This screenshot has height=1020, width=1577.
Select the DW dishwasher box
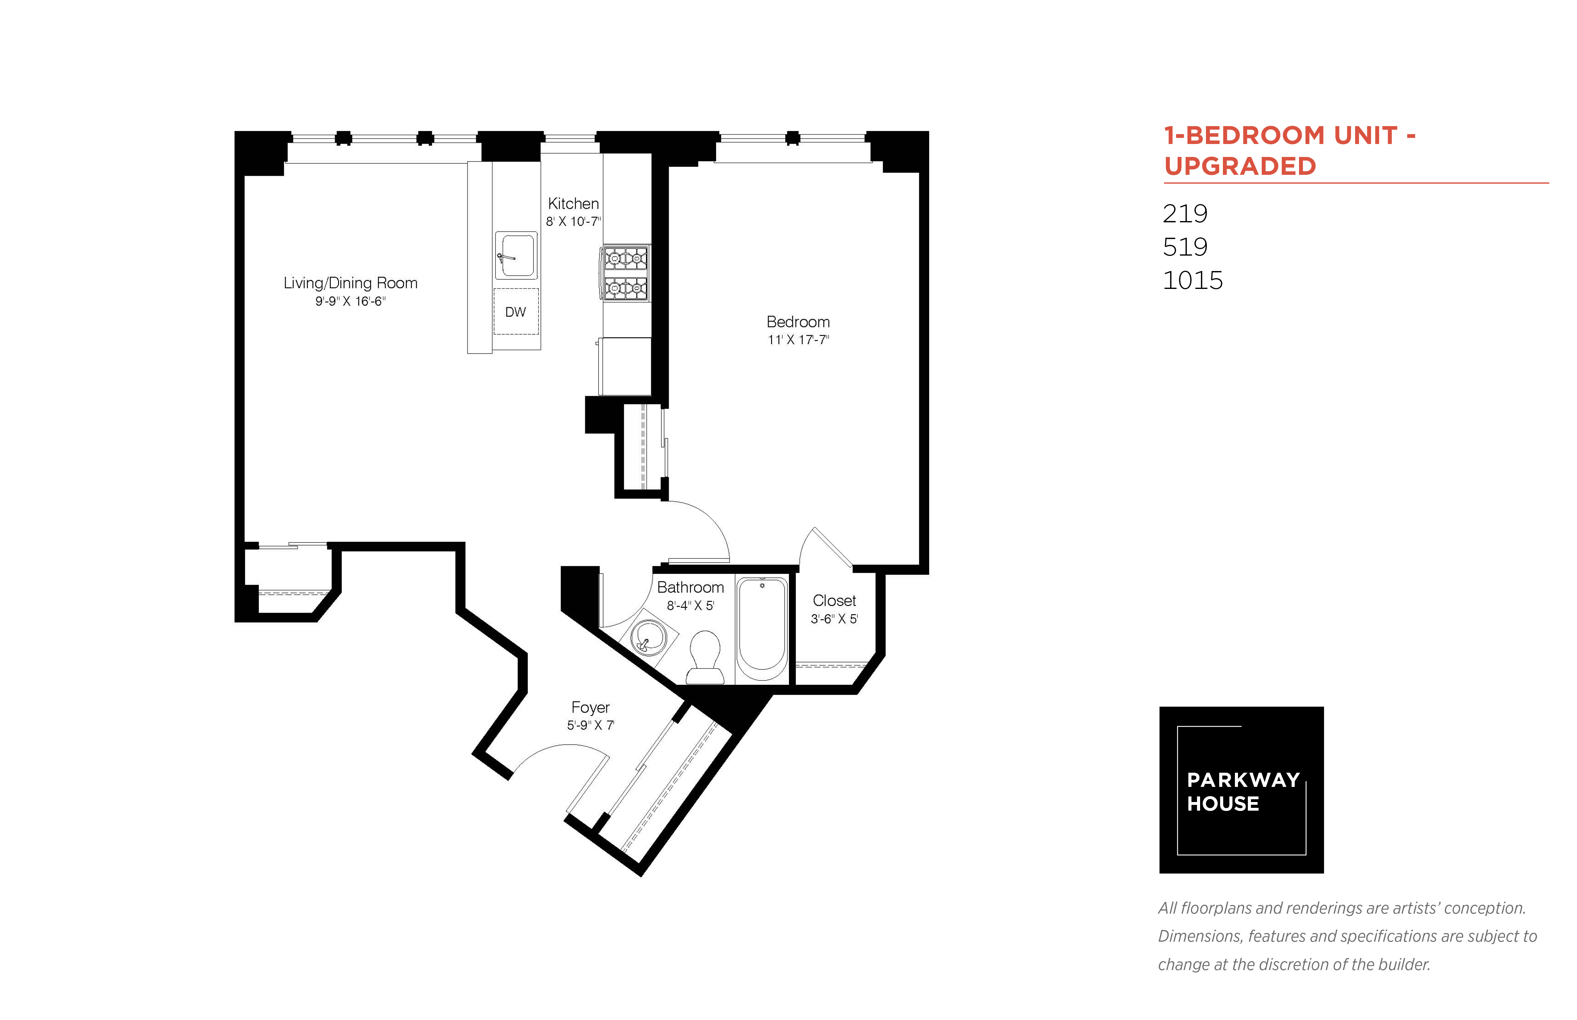tap(516, 311)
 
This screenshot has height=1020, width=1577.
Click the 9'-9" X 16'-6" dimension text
tap(350, 301)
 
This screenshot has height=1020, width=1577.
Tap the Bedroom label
tap(798, 322)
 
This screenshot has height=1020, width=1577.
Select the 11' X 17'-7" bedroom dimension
tap(798, 340)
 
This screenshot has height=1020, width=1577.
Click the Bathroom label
tap(691, 587)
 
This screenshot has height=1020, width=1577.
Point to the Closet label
tap(834, 601)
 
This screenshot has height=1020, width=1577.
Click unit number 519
tap(1185, 247)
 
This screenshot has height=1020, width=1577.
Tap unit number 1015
tap(1192, 280)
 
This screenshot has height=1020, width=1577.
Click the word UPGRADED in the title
tap(1240, 166)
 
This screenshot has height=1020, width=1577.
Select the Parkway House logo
tap(1241, 790)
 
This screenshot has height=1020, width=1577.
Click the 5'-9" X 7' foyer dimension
tap(590, 725)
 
